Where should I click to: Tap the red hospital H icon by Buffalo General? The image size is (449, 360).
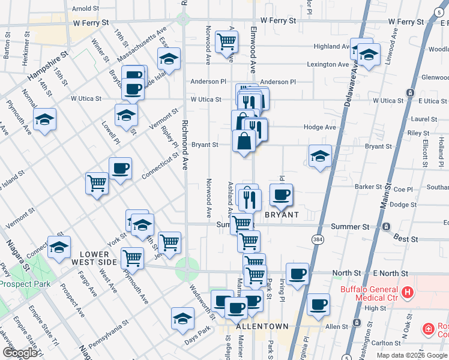point(408,293)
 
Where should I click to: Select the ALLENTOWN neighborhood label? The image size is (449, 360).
point(263,326)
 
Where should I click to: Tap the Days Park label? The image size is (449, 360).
point(198,329)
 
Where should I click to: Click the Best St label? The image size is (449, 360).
point(406,239)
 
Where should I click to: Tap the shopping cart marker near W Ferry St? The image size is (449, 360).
point(227,42)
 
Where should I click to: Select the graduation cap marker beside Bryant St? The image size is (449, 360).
point(320,156)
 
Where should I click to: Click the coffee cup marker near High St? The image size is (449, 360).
point(319,304)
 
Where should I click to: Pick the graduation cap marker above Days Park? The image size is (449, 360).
point(182,319)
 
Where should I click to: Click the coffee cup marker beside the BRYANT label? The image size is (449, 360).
point(281,194)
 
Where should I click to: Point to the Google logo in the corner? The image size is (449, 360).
point(20,353)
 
